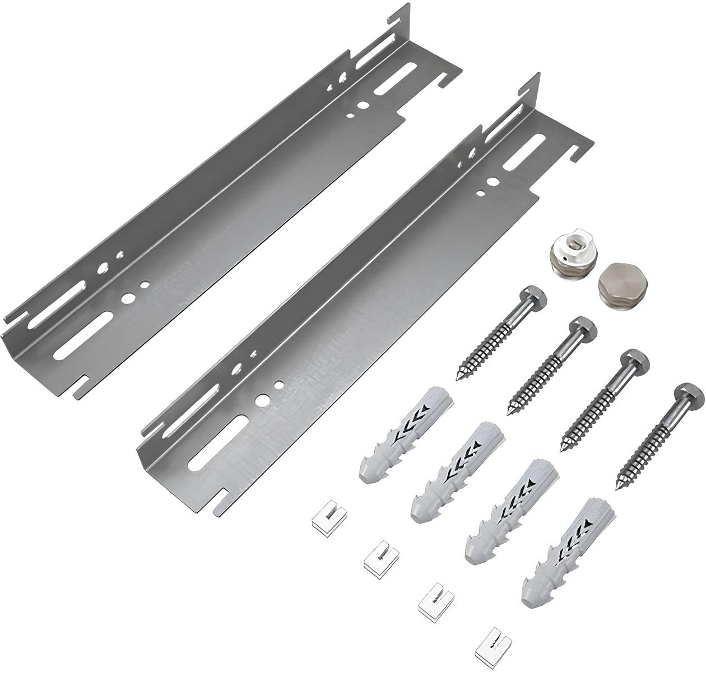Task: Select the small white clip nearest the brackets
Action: (x=322, y=520)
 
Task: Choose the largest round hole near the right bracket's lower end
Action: (x=261, y=401)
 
